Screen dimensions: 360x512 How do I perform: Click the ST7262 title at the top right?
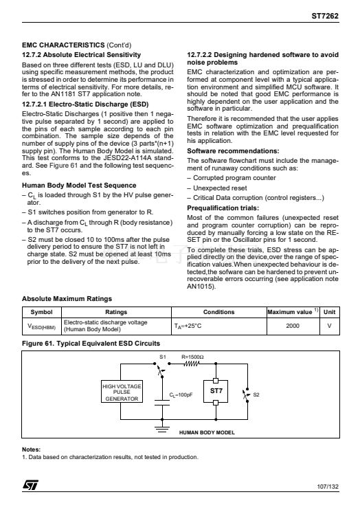[325, 16]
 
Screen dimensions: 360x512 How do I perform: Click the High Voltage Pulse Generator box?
[122, 391]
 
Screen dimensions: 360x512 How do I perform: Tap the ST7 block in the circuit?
[216, 391]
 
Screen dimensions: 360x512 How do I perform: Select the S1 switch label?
[163, 357]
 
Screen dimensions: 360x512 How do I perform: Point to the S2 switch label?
[256, 394]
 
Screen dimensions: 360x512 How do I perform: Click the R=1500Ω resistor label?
[192, 357]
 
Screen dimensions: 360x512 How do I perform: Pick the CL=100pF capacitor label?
[181, 394]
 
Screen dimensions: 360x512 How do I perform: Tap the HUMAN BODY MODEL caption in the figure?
[207, 432]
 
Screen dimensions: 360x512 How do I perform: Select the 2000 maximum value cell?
[293, 326]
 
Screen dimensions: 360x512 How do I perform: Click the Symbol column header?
[41, 312]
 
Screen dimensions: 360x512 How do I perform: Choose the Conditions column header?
[218, 312]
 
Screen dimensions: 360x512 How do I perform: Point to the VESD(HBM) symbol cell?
[41, 326]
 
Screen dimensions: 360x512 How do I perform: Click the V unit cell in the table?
[329, 326]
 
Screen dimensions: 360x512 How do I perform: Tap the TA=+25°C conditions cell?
[188, 326]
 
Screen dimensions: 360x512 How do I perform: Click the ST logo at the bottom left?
[30, 485]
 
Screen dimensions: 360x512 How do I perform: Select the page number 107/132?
[328, 487]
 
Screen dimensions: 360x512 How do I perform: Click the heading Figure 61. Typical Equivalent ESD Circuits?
[91, 343]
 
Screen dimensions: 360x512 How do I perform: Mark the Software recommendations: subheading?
[233, 151]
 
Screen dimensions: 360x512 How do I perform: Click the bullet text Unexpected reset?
[220, 188]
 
